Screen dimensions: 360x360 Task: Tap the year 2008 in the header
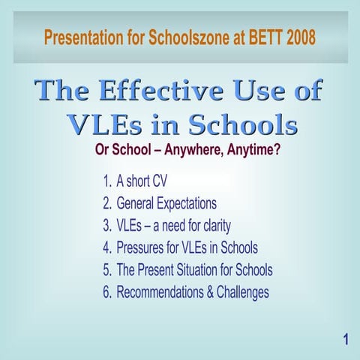tap(295, 37)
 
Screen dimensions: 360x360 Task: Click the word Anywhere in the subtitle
tap(199, 150)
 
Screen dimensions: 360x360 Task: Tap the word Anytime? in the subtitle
tap(256, 150)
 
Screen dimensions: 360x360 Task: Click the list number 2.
tap(106, 203)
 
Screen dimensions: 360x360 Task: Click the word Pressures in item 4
tap(144, 247)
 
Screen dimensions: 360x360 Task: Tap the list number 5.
tap(106, 270)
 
